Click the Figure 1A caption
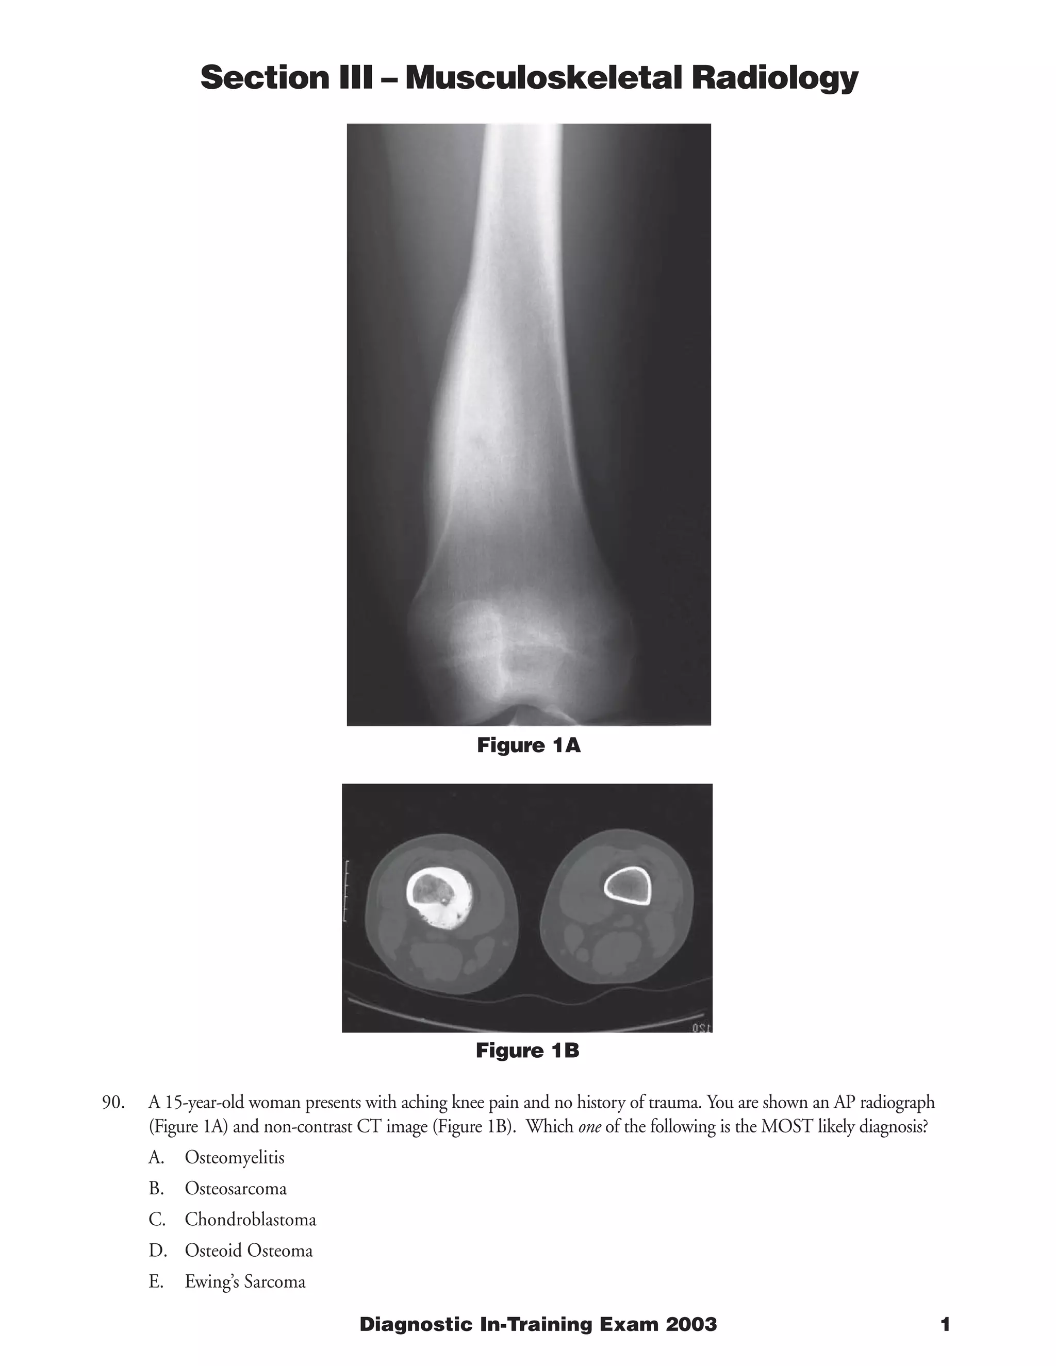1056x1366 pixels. click(x=529, y=745)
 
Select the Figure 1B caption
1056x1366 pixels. click(x=527, y=1050)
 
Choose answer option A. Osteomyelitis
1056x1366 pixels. click(x=216, y=1158)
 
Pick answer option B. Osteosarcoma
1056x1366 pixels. click(x=217, y=1188)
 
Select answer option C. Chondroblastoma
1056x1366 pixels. click(x=232, y=1220)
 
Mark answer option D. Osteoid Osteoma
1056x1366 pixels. click(x=229, y=1251)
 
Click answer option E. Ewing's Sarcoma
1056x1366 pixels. click(x=226, y=1281)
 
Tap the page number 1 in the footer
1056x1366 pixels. click(x=945, y=1325)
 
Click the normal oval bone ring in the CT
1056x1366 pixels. click(x=628, y=887)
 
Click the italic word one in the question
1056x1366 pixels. click(x=589, y=1127)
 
